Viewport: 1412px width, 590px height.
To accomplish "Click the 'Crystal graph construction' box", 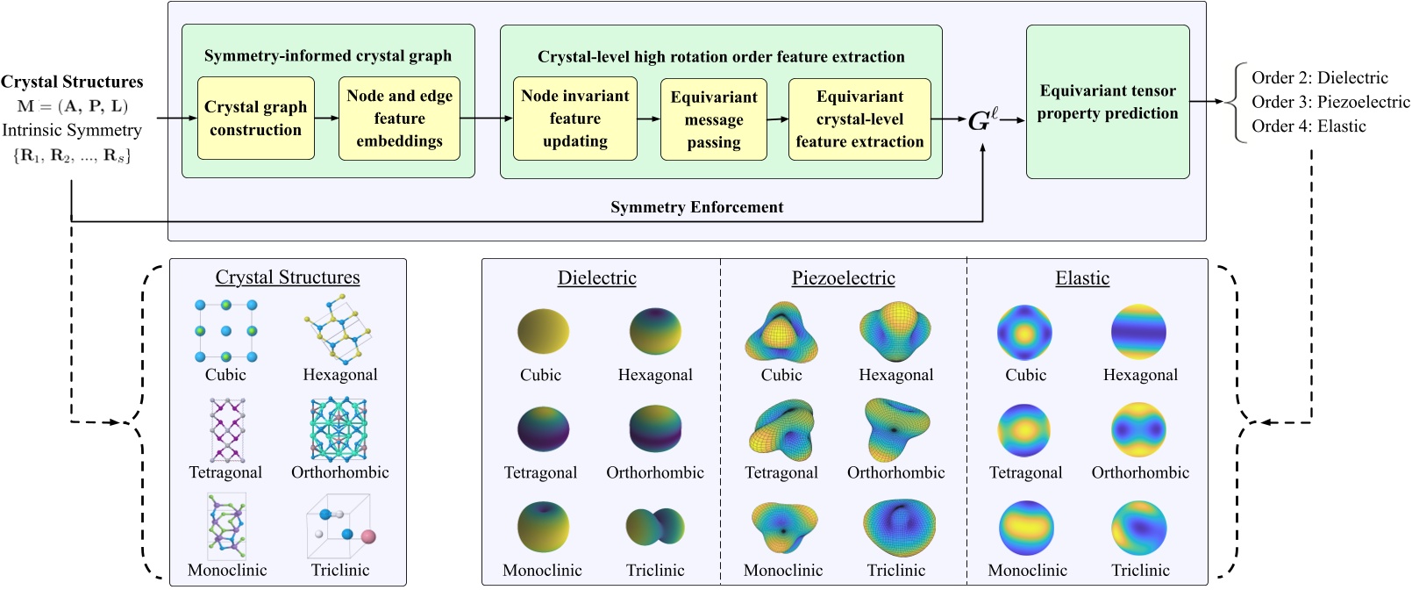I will [x=255, y=119].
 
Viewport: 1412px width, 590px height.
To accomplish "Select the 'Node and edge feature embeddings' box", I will [x=399, y=119].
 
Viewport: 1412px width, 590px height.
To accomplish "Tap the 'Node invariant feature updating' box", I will [x=574, y=119].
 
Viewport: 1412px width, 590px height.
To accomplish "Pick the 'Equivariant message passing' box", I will [x=713, y=119].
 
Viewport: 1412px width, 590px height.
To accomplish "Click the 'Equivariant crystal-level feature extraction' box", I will [x=859, y=119].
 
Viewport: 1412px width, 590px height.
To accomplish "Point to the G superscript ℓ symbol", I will [x=982, y=120].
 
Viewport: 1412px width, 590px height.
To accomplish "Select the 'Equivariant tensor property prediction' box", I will [x=1108, y=102].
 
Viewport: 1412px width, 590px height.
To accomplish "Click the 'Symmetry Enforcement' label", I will [x=696, y=207].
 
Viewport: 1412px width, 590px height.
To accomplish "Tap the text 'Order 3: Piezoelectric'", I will [x=1330, y=102].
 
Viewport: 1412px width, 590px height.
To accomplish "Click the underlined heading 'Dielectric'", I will [x=596, y=278].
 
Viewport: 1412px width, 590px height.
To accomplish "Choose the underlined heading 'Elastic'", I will [x=1082, y=278].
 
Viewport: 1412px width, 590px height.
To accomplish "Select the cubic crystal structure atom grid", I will [x=226, y=331].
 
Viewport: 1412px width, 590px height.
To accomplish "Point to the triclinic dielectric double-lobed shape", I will [x=655, y=526].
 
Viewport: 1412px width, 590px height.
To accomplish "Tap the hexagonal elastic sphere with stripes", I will [x=1138, y=333].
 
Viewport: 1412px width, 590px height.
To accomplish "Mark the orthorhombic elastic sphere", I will [x=1138, y=430].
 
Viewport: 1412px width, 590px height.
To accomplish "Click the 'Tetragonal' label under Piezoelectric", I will [x=781, y=472].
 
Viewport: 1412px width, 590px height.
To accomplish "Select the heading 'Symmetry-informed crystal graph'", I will [x=328, y=56].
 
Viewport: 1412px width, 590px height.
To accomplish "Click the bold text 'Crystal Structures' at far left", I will [x=72, y=82].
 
